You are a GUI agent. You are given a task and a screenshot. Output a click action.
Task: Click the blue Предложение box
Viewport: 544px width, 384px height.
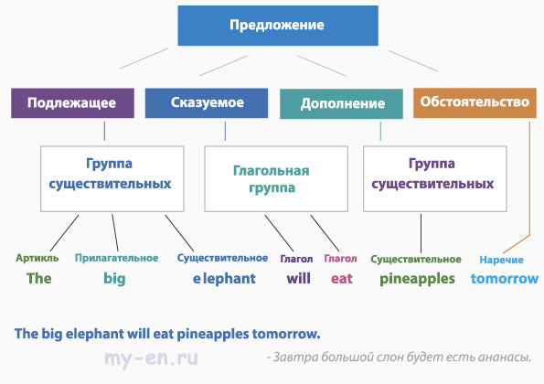point(278,26)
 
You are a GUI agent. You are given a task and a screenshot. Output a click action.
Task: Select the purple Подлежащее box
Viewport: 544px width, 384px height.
point(72,103)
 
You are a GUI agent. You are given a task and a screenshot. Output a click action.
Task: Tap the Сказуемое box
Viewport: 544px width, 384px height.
point(207,103)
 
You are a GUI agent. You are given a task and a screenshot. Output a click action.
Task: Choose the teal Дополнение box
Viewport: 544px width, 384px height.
point(341,103)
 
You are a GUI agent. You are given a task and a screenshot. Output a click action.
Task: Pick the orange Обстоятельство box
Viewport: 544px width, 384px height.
point(475,103)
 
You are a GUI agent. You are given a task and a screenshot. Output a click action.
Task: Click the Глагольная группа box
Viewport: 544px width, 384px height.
point(276,178)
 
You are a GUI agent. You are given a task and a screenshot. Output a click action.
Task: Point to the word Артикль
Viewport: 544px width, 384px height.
point(37,258)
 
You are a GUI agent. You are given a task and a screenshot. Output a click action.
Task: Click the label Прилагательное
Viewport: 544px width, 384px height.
point(117,258)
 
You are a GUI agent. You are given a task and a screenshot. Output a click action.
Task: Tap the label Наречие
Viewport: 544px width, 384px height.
point(501,260)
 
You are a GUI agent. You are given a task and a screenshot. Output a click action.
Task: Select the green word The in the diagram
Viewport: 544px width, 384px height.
point(38,279)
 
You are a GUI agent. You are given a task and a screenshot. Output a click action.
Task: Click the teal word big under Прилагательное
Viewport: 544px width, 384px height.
point(114,279)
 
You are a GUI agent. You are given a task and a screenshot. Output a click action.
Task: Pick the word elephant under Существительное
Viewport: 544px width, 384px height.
point(224,279)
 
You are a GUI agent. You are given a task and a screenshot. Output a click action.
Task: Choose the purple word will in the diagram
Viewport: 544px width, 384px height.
point(298,279)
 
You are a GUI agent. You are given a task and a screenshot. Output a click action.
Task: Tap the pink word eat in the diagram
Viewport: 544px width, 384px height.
point(342,279)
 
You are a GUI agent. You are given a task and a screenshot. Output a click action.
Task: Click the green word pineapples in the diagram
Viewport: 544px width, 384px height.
point(417,279)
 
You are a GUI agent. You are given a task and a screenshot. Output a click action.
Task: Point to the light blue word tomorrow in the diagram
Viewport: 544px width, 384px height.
point(505,279)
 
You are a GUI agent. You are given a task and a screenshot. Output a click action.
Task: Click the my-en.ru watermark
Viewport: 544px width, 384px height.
point(151,358)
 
